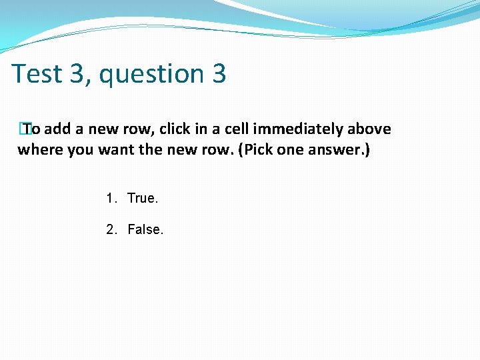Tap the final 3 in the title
[x=219, y=73]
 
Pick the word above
[x=369, y=129]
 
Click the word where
[x=37, y=149]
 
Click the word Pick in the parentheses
[x=255, y=149]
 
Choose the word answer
[x=337, y=150]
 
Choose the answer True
[x=143, y=198]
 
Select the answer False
[x=145, y=229]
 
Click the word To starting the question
[x=31, y=129]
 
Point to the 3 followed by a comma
[x=76, y=73]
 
